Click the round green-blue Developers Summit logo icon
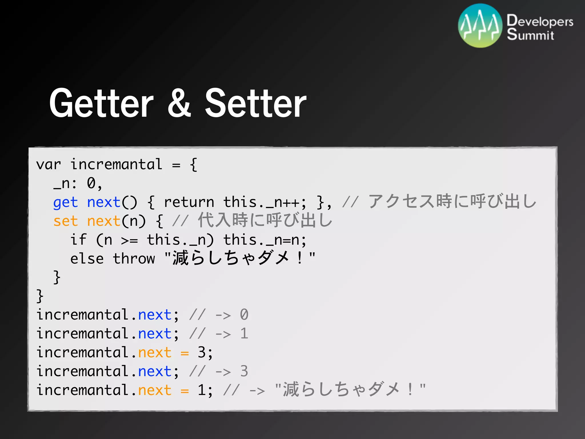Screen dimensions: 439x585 [x=480, y=26]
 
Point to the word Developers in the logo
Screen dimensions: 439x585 [x=540, y=21]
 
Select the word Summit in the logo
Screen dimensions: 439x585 [x=530, y=35]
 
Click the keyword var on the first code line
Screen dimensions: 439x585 [x=49, y=165]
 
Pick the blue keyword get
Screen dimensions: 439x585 [x=65, y=203]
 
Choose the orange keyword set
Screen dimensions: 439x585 [x=65, y=221]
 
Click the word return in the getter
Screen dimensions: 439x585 [x=189, y=202]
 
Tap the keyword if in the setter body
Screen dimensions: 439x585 [x=78, y=240]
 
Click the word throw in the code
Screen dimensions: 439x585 [x=134, y=259]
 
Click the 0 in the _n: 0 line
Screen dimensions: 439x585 [x=91, y=183]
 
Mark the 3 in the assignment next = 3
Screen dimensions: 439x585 [x=202, y=352]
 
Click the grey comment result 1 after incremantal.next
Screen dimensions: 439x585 [x=244, y=334]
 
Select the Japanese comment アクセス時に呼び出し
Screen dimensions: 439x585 [x=452, y=201]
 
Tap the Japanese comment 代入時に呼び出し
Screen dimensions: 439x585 [x=265, y=220]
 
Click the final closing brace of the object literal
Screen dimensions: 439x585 [x=40, y=296]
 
